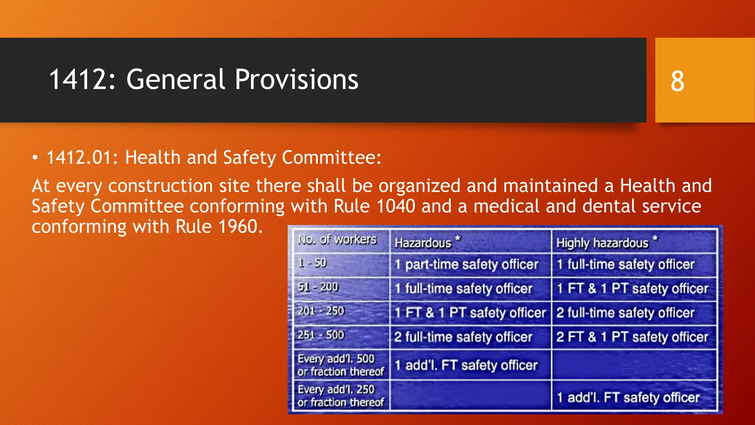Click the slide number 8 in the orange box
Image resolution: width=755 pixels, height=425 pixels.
pyautogui.click(x=677, y=81)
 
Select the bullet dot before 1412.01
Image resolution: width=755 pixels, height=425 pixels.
pyautogui.click(x=35, y=158)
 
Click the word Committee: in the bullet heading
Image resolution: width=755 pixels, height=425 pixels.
pyautogui.click(x=331, y=158)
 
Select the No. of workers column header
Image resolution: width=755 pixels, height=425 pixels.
pyautogui.click(x=337, y=240)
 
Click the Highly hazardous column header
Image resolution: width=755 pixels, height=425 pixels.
pyautogui.click(x=602, y=243)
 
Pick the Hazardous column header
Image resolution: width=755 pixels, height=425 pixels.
pyautogui.click(x=423, y=243)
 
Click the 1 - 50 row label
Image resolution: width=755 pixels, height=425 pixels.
pyautogui.click(x=312, y=263)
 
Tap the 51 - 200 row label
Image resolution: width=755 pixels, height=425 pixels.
pyautogui.click(x=318, y=287)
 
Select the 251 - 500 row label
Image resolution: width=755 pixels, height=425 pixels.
pyautogui.click(x=321, y=335)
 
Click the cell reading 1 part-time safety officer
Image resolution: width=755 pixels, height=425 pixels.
pyautogui.click(x=466, y=265)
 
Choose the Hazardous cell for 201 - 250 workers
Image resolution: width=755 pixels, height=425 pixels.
pyautogui.click(x=470, y=313)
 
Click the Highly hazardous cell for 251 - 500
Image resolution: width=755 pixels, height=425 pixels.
pyautogui.click(x=632, y=337)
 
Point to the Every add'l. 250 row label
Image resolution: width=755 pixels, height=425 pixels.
pyautogui.click(x=340, y=396)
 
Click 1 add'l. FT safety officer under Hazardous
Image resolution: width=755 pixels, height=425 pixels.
pyautogui.click(x=466, y=365)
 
